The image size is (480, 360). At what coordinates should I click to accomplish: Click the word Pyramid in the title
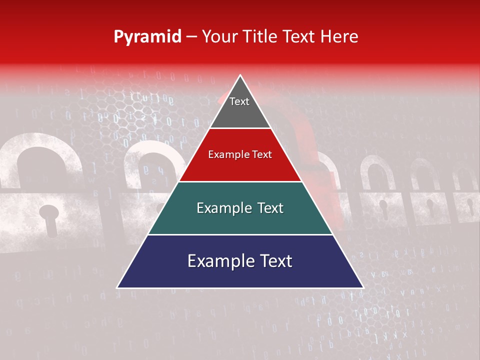[147, 37]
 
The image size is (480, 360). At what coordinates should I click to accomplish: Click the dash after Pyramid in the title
[191, 37]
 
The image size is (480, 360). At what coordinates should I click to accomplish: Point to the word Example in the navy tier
[216, 261]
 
